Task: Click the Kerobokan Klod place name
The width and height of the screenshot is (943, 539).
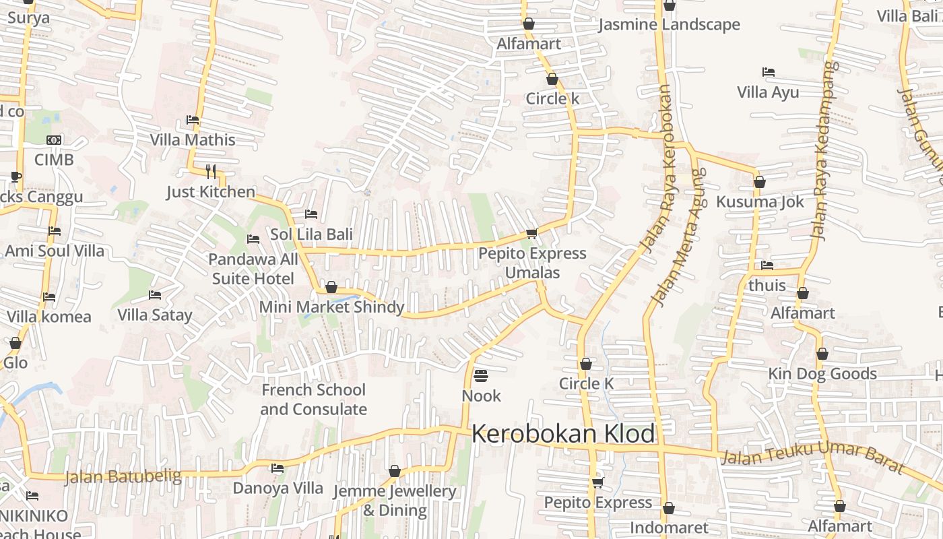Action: coord(563,434)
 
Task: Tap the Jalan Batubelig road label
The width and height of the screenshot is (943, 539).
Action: coord(123,477)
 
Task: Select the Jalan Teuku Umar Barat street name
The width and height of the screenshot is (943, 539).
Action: coord(812,457)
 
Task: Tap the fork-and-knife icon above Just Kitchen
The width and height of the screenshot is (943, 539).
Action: coord(211,171)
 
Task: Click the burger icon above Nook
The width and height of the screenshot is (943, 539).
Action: coord(481,375)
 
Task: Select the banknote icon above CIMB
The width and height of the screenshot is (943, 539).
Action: coord(54,140)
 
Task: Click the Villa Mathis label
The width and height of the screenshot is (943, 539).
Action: coord(193,140)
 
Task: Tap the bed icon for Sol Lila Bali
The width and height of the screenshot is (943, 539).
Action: coord(311,214)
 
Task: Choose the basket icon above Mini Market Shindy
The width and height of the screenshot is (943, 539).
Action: coord(331,288)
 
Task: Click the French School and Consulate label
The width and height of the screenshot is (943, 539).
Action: coord(313,400)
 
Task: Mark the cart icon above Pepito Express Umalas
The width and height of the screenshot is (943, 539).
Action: coord(531,233)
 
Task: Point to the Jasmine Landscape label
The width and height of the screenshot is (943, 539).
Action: coord(669,25)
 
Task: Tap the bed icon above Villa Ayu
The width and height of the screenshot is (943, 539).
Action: coord(768,72)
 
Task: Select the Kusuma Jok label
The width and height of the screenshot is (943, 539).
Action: coord(760,202)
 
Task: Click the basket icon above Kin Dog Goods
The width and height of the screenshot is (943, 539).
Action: coord(822,354)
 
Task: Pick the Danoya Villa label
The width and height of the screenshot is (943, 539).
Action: coord(278,488)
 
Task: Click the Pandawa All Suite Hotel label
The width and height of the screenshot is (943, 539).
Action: coord(253,269)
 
